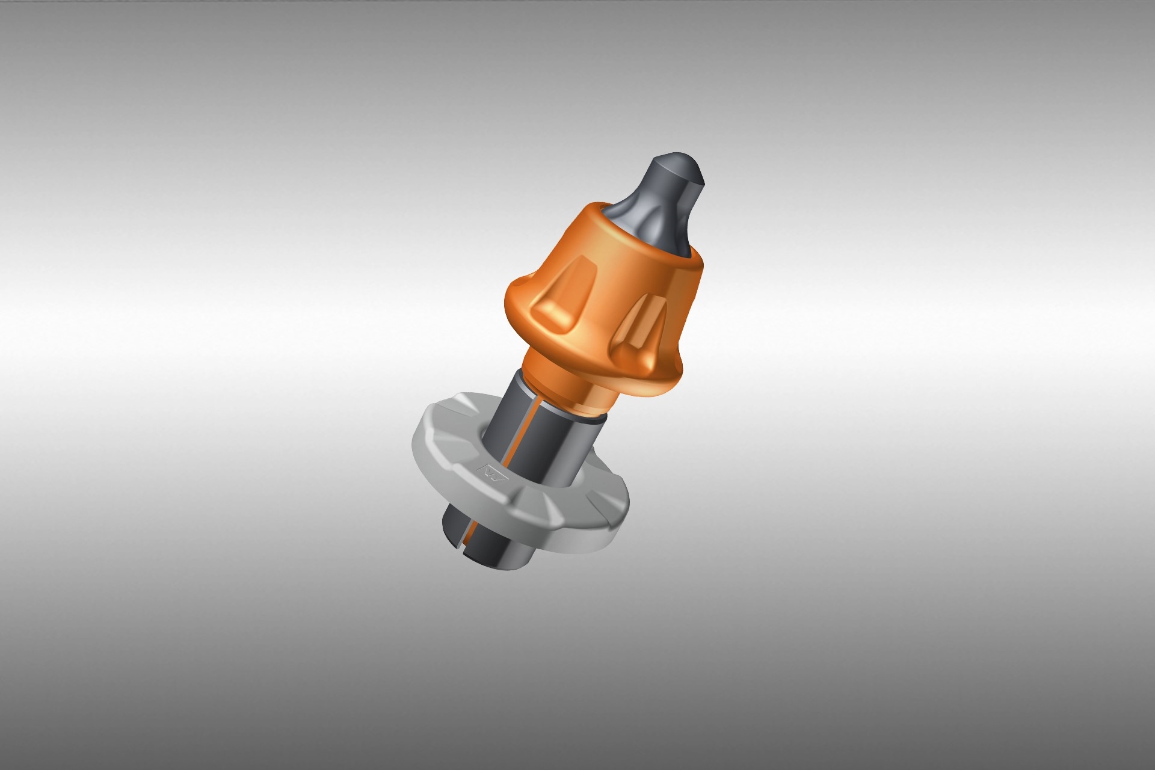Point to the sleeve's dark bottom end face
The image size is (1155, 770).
481,559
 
